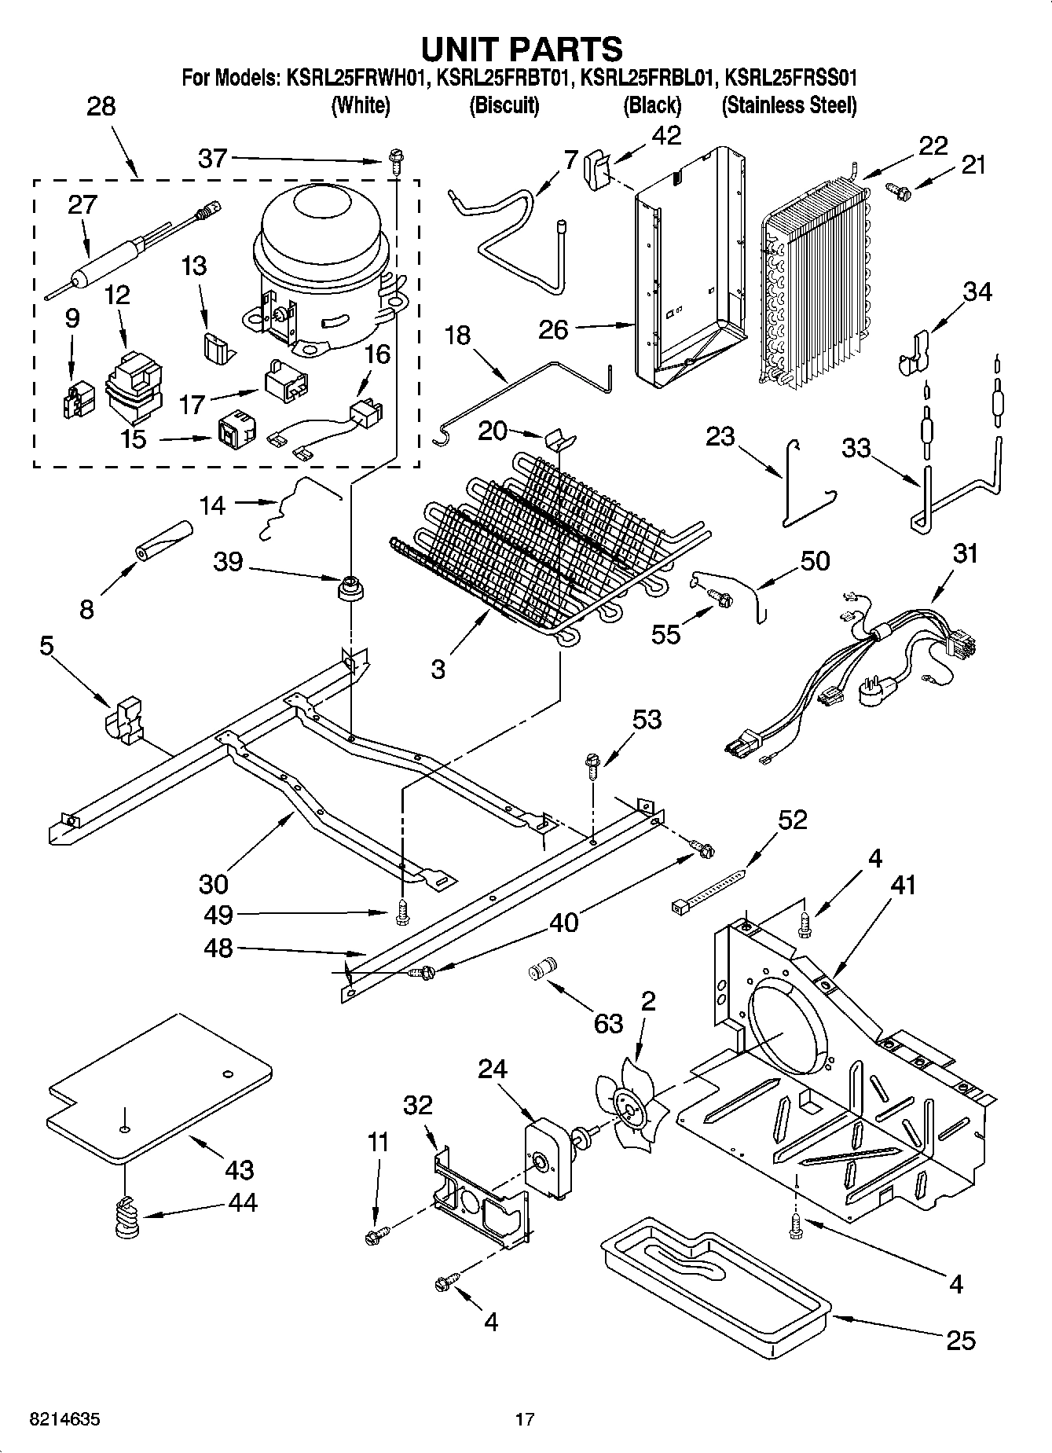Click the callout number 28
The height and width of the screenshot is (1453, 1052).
(x=101, y=107)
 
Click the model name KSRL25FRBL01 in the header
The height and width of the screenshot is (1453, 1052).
(x=647, y=78)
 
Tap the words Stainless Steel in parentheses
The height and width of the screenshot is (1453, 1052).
(x=789, y=105)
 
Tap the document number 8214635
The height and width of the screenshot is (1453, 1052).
(x=65, y=1420)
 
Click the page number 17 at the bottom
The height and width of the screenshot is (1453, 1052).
(x=525, y=1420)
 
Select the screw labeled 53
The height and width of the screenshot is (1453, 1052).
(x=592, y=765)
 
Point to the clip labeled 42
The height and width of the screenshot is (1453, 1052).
(x=597, y=168)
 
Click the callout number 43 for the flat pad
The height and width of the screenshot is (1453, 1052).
(x=239, y=1170)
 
